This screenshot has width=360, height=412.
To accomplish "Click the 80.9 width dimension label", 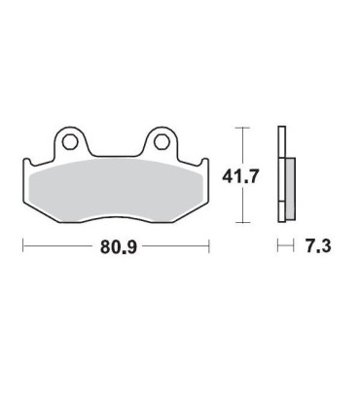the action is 119,246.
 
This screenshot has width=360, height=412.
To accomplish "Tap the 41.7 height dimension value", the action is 240,176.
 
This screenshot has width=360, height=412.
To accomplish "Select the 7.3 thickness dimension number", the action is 318,246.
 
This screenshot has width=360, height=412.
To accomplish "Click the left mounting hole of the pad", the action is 70,142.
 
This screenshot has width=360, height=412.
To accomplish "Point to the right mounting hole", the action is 162,142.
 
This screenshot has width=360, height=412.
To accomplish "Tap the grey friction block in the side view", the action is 291,188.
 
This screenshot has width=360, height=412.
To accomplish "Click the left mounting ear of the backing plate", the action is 71,141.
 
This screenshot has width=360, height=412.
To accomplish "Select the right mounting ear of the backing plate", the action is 161,141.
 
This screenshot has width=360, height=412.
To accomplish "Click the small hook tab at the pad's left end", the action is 27,162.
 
